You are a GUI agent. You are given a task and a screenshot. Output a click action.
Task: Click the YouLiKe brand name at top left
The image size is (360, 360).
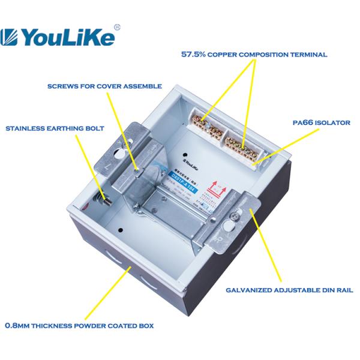(67, 37)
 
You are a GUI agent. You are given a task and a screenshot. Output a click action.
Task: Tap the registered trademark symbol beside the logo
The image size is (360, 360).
(117, 27)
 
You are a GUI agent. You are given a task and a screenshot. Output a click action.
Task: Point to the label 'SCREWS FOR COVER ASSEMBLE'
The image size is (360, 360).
(104, 86)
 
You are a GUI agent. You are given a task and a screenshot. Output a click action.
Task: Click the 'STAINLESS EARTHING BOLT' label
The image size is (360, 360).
(55, 128)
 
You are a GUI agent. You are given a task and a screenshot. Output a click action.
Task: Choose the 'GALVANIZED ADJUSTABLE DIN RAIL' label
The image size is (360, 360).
(289, 290)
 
